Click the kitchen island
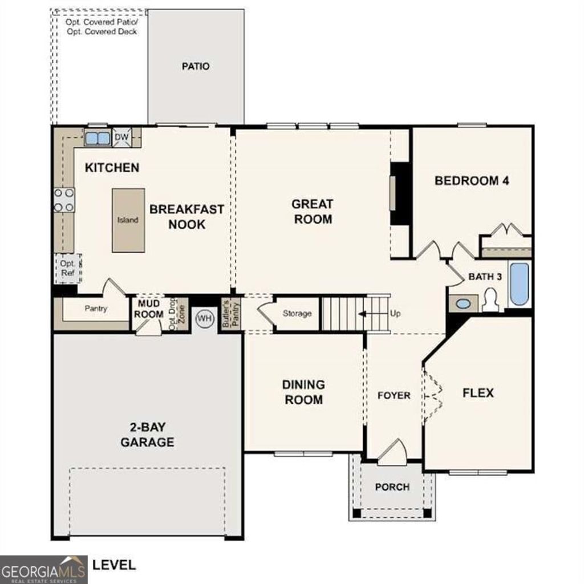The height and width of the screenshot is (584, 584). [127, 220]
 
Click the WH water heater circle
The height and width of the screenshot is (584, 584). [204, 318]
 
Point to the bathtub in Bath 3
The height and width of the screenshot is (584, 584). [519, 284]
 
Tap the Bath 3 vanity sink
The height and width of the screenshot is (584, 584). [463, 303]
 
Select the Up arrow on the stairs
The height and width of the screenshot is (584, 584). [362, 314]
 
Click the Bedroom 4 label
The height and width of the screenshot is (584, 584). [472, 181]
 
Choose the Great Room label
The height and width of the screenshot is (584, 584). [312, 211]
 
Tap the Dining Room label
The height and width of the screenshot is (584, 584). [303, 392]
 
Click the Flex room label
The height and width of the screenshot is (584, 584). [477, 393]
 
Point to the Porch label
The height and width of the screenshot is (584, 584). [392, 487]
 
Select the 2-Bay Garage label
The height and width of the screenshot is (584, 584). [147, 434]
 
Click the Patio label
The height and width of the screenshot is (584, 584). [196, 66]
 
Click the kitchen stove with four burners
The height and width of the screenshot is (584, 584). [64, 200]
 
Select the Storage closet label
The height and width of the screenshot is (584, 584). [297, 314]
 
